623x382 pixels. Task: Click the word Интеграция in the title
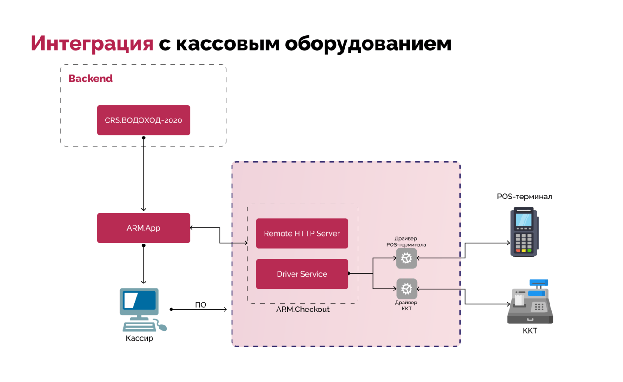[x=92, y=43]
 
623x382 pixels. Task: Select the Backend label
[x=90, y=79]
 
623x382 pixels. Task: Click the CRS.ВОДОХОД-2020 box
[x=143, y=120]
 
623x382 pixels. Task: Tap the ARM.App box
[x=143, y=228]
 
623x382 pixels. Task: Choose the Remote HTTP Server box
[x=302, y=233]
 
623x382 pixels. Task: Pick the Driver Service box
[x=302, y=274]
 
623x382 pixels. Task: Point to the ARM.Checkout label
[x=303, y=310]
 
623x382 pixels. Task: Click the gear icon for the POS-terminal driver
[x=406, y=258]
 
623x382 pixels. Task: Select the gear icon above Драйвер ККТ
[x=406, y=289]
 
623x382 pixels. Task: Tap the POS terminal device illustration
[x=524, y=232]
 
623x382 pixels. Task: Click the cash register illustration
[x=530, y=303]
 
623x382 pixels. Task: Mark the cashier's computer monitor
[x=139, y=301]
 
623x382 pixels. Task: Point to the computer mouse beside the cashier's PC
[x=162, y=327]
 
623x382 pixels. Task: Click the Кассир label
[x=139, y=338]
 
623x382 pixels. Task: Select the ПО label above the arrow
[x=200, y=305]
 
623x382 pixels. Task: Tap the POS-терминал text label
[x=524, y=197]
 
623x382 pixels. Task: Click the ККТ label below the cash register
[x=530, y=331]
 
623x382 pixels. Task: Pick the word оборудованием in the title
[x=368, y=43]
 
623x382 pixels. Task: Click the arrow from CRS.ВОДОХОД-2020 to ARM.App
[x=144, y=174]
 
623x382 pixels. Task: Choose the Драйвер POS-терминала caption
[x=406, y=242]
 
